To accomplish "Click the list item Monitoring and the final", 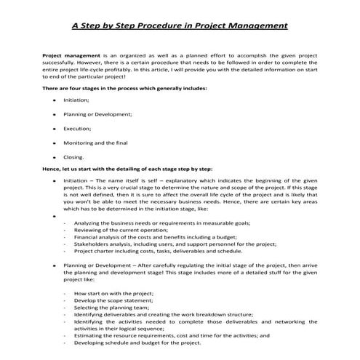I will pyautogui.click(x=98, y=143).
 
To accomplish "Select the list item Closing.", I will pyautogui.click(x=74, y=156).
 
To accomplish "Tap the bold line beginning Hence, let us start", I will pyautogui.click(x=127, y=169).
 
